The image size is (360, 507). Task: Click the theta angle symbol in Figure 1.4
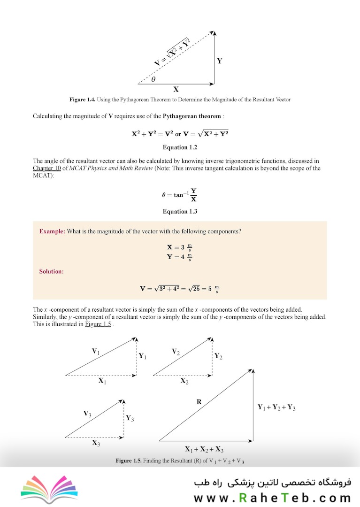(153, 79)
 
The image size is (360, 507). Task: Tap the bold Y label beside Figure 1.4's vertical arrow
(219, 61)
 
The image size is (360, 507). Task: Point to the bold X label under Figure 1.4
(176, 89)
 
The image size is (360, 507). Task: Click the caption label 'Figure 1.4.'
(83, 100)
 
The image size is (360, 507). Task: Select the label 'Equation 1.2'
(180, 147)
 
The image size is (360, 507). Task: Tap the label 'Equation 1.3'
(180, 211)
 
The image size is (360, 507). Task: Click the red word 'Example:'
(52, 231)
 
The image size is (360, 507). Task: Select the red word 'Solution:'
(52, 271)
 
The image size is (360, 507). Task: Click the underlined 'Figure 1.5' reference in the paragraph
(98, 324)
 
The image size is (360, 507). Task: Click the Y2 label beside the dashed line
(218, 356)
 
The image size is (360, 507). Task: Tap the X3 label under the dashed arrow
(96, 443)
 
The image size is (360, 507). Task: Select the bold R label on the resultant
(199, 402)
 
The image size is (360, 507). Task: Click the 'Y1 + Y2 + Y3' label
(276, 407)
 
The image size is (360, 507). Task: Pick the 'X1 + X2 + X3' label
(204, 448)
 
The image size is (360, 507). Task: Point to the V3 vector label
(87, 414)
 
